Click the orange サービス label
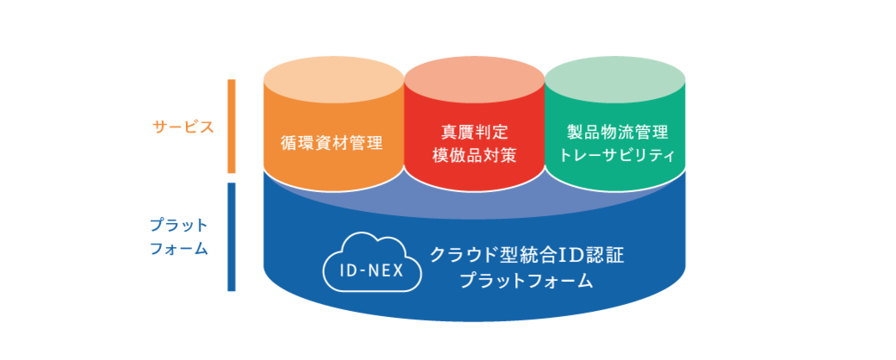pos(184,127)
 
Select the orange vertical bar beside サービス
pos(232,127)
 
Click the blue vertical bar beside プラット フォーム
pos(232,237)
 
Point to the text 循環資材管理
pos(332,142)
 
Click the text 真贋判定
pos(475,133)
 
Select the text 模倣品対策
pos(475,155)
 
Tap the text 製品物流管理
pos(617,133)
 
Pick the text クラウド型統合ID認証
pos(526,255)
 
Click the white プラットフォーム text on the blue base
pos(526,281)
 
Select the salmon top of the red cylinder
pos(475,81)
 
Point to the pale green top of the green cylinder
pos(615,81)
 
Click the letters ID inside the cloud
pos(349,270)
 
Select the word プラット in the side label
pos(179,226)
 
